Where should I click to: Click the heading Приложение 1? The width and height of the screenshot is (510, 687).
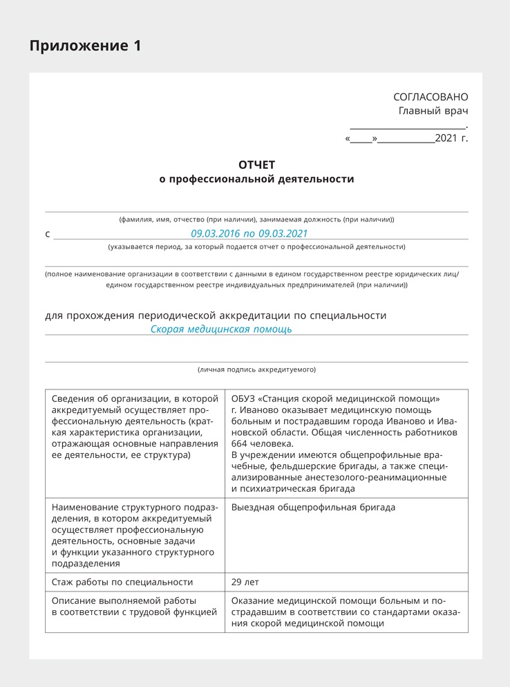(x=85, y=46)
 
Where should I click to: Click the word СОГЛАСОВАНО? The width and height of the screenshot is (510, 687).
(x=431, y=97)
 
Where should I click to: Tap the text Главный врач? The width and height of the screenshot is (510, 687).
(x=433, y=111)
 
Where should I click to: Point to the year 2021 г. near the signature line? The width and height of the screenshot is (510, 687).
(x=451, y=138)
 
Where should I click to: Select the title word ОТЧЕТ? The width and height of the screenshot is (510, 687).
(x=256, y=165)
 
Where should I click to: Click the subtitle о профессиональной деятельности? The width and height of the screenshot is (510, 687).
(x=256, y=179)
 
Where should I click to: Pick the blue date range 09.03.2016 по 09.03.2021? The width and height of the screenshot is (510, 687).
(x=249, y=234)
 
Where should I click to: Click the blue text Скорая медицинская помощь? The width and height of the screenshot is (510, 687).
(x=221, y=329)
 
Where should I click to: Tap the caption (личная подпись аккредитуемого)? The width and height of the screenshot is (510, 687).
(x=256, y=369)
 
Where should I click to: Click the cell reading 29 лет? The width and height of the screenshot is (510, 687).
(x=245, y=582)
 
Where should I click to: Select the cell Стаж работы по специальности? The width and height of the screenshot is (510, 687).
(x=122, y=582)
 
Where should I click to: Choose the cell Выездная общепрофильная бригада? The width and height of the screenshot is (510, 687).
(x=314, y=507)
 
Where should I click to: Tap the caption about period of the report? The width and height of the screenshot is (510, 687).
(x=256, y=246)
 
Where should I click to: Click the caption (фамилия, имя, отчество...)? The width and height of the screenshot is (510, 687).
(x=256, y=219)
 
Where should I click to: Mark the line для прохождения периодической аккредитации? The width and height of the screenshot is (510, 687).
(x=216, y=315)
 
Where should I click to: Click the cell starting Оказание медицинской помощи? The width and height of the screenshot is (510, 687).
(x=346, y=612)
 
